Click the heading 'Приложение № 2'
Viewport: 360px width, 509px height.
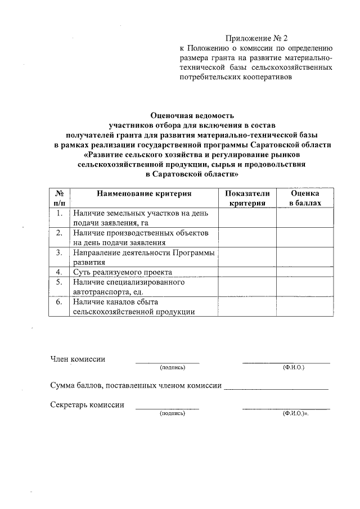pos(256,39)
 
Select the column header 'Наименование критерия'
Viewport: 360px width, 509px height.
pos(144,193)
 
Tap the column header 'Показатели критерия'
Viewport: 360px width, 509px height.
pos(247,198)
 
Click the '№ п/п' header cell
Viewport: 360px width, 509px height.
pos(58,198)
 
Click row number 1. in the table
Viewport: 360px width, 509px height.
pos(58,213)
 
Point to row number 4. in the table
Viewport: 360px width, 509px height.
pos(58,272)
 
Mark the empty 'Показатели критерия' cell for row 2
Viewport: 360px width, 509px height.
pos(247,237)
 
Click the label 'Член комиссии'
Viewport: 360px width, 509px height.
pos(77,359)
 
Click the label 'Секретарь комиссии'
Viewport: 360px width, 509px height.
pos(87,404)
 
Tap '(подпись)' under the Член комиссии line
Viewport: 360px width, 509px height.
pos(172,367)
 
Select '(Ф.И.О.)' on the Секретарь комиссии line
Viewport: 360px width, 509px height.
pos(295,413)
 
